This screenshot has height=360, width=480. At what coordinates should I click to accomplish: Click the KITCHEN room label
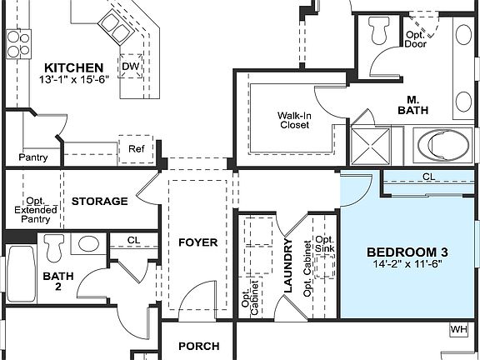pos(74,67)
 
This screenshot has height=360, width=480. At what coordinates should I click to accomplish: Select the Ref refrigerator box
pos(136,149)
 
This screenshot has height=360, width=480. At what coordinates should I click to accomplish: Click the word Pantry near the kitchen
pos(32,157)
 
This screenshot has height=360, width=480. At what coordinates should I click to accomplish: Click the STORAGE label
pos(99,201)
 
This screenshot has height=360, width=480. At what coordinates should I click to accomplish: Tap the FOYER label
pos(197,242)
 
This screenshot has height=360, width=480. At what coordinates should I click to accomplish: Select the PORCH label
pos(199,346)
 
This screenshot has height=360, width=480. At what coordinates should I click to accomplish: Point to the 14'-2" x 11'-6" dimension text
pos(408,266)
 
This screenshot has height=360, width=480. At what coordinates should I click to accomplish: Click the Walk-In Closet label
pos(293,120)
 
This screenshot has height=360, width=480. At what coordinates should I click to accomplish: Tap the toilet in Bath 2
pos(56,247)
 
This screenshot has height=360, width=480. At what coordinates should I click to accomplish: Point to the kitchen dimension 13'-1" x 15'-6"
pos(74,81)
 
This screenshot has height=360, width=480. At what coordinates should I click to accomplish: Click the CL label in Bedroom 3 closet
pos(428,177)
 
